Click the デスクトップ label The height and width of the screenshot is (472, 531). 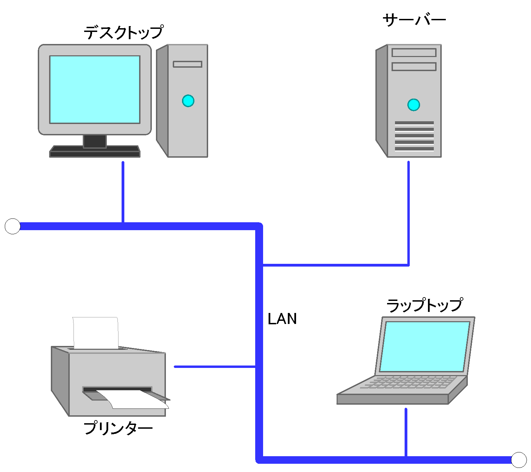[x=123, y=33]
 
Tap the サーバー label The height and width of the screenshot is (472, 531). [x=414, y=20]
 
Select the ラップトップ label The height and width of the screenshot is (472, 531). [x=425, y=305]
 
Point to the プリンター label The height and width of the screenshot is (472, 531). [x=118, y=428]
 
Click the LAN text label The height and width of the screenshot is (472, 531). [x=282, y=319]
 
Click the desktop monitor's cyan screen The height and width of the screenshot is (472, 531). [x=95, y=89]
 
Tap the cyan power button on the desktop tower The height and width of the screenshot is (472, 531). [x=188, y=101]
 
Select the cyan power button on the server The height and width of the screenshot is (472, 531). [x=414, y=105]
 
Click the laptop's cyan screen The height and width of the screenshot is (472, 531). [x=425, y=346]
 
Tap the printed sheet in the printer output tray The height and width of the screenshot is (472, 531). [x=137, y=400]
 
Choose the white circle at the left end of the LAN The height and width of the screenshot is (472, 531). [x=13, y=226]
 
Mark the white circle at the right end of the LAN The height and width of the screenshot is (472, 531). [x=519, y=460]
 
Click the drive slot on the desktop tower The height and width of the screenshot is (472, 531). [x=188, y=64]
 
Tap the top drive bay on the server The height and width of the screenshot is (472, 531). [x=414, y=53]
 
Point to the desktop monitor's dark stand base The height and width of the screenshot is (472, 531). [x=95, y=151]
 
